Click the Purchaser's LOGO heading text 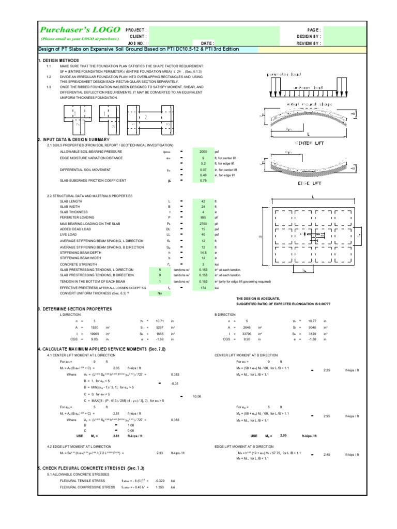(x=81, y=30)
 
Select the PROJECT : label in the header (x=136, y=30)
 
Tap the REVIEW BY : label (x=309, y=43)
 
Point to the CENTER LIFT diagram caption (x=309, y=143)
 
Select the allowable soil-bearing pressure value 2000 (x=203, y=152)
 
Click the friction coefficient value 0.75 (x=203, y=180)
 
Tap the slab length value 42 (x=203, y=200)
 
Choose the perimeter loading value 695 (x=203, y=217)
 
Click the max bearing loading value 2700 (x=203, y=223)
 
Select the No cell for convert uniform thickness (x=160, y=292)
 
